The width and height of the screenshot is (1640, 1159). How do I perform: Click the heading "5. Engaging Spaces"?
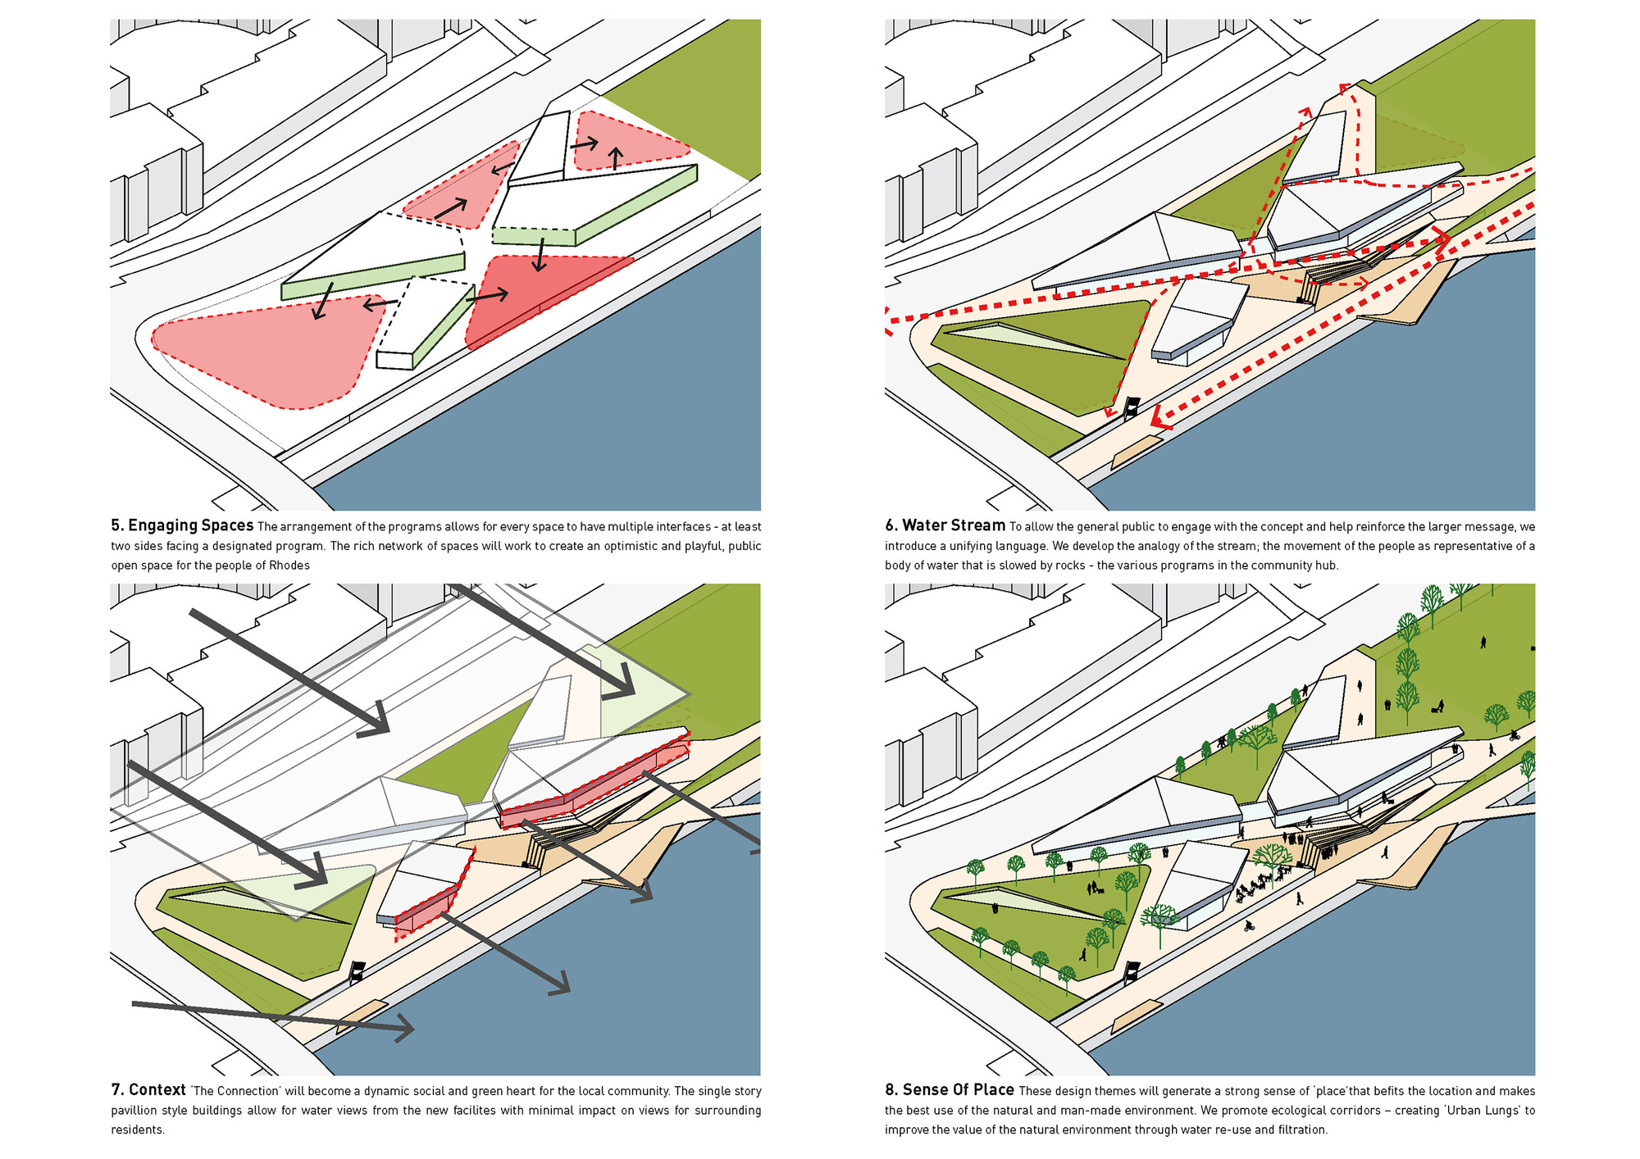(182, 525)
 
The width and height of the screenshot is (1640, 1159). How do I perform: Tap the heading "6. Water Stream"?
(945, 525)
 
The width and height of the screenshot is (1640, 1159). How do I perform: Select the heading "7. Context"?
(148, 1090)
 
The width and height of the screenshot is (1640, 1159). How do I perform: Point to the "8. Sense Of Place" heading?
(949, 1090)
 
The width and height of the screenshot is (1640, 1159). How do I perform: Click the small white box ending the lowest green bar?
(394, 360)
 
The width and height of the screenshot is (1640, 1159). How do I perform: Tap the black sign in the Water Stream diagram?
(1132, 406)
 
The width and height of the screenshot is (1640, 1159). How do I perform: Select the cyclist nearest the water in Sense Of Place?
(1248, 927)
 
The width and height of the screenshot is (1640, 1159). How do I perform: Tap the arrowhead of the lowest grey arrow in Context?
(403, 1029)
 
